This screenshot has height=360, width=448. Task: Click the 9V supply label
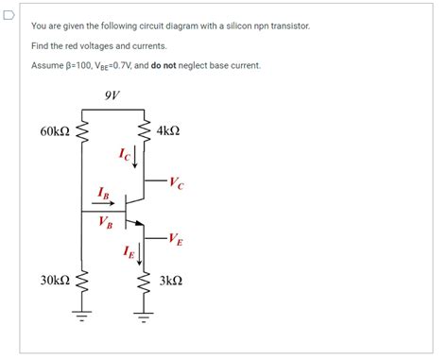click(x=112, y=94)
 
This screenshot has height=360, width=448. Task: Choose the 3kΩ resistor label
click(x=170, y=281)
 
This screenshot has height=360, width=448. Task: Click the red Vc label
click(x=178, y=181)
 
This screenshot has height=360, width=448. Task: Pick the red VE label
click(x=175, y=239)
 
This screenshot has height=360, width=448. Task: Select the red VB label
click(x=105, y=223)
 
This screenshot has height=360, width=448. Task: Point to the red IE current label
click(x=128, y=250)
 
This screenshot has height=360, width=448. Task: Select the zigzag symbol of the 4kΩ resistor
click(x=145, y=131)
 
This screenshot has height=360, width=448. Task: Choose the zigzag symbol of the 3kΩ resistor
click(x=145, y=281)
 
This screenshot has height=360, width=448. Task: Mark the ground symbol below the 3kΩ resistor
click(x=145, y=316)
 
